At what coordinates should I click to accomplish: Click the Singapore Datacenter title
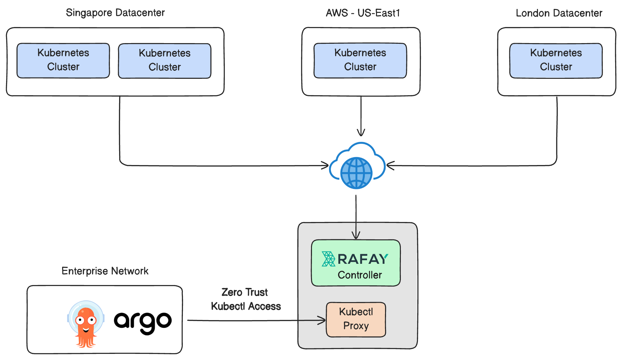click(x=115, y=13)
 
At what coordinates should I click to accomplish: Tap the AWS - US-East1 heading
click(x=363, y=13)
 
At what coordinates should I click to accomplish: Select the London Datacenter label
click(x=559, y=13)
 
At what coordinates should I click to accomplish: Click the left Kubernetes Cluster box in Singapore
click(x=63, y=60)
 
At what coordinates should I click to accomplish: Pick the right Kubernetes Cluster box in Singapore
click(x=165, y=61)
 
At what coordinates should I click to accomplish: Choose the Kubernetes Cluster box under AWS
click(x=360, y=60)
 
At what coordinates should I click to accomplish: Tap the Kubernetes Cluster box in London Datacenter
click(x=556, y=60)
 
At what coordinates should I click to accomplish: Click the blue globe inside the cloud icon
click(x=356, y=173)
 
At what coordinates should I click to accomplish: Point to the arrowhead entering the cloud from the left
click(x=325, y=166)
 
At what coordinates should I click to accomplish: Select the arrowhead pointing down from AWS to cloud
click(x=361, y=133)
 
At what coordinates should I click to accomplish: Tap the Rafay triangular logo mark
click(x=328, y=259)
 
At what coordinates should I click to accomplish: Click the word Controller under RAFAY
click(x=360, y=275)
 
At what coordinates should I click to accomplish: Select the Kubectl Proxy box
click(x=356, y=319)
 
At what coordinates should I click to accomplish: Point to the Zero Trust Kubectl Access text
click(x=246, y=299)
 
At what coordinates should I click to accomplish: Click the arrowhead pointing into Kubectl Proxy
click(x=323, y=320)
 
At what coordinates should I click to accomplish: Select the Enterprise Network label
click(x=105, y=271)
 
